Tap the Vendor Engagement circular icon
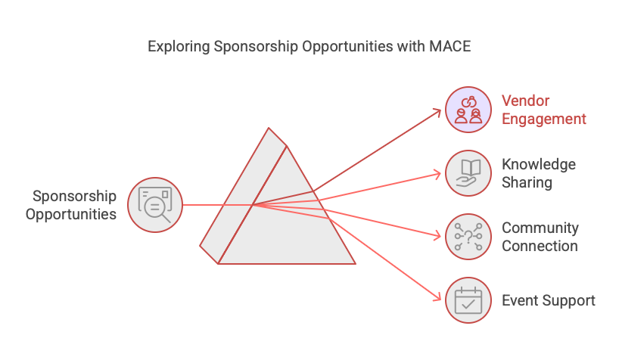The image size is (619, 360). pyautogui.click(x=468, y=109)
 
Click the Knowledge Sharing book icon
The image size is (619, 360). pyautogui.click(x=468, y=173)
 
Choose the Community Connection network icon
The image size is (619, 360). pyautogui.click(x=468, y=237)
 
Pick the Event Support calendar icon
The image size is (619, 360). pyautogui.click(x=468, y=300)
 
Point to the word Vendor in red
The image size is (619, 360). pyautogui.click(x=525, y=101)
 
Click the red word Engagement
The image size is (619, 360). pyautogui.click(x=544, y=119)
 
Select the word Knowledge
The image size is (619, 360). pyautogui.click(x=539, y=165)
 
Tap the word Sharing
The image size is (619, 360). pyautogui.click(x=527, y=182)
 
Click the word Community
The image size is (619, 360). pyautogui.click(x=540, y=228)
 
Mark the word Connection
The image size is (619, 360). pyautogui.click(x=540, y=246)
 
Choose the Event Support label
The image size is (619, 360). pyautogui.click(x=549, y=300)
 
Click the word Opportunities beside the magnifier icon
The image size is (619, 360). pyautogui.click(x=71, y=214)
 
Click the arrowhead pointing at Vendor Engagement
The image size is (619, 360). pyautogui.click(x=437, y=111)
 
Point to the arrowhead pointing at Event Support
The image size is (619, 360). pyautogui.click(x=437, y=298)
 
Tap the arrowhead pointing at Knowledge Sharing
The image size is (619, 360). pyautogui.click(x=437, y=175)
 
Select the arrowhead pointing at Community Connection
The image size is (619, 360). pyautogui.click(x=437, y=236)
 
